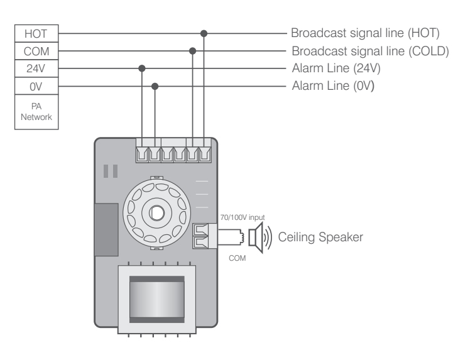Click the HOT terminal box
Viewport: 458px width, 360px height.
[36, 33]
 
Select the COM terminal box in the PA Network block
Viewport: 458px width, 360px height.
[36, 50]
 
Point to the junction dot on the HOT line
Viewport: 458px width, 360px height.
[204, 33]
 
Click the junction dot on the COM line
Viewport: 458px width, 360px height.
[192, 50]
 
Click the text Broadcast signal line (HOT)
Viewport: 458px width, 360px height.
[364, 33]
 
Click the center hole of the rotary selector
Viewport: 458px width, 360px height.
[154, 210]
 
